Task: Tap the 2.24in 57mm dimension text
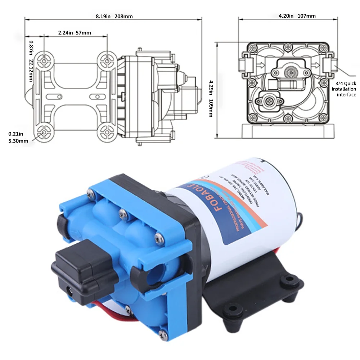tap(75, 33)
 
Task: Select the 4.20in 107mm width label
tap(297, 16)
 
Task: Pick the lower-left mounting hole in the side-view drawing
tap(44, 132)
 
